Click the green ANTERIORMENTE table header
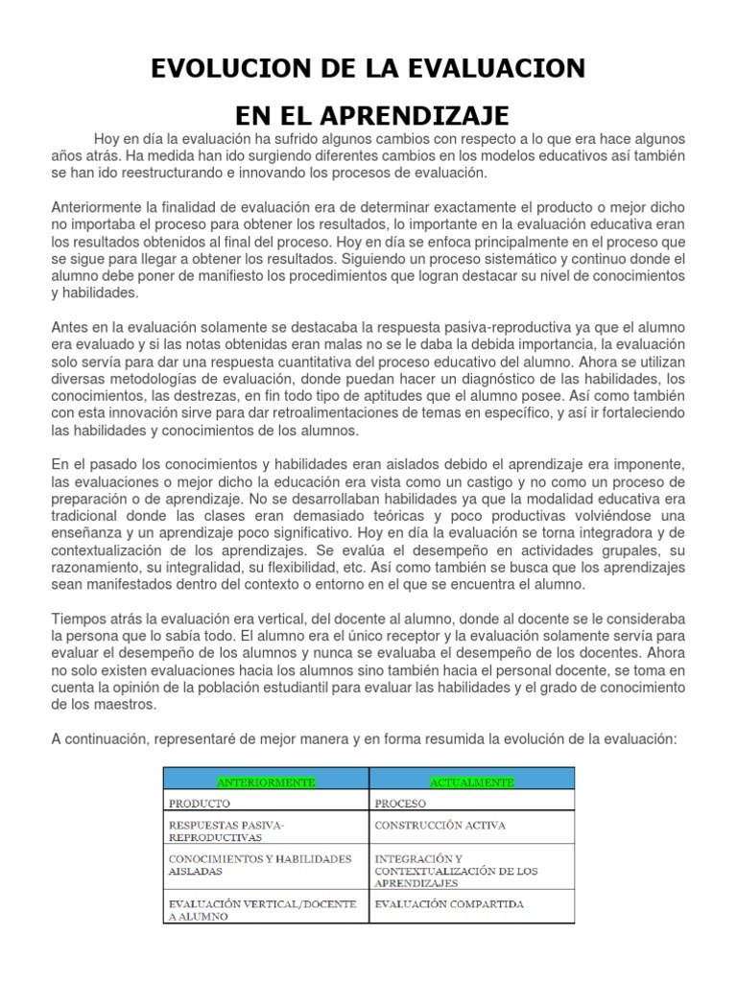(267, 783)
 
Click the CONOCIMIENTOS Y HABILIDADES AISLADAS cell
(259, 865)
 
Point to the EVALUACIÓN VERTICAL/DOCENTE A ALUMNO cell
(261, 910)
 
